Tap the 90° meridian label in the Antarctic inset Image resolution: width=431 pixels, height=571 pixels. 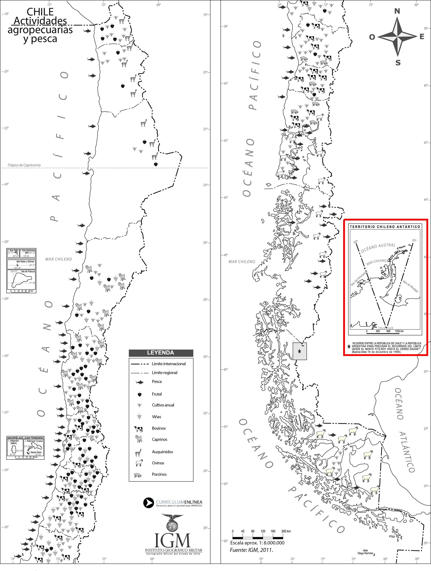[x=356, y=242]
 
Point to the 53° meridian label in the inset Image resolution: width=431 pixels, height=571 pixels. [x=414, y=240]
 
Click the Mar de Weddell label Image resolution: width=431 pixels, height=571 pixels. [x=410, y=287]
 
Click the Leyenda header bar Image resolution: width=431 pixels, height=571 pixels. [x=161, y=353]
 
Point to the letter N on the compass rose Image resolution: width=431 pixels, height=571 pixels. [x=397, y=11]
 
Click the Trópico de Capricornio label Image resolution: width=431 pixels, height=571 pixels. [x=24, y=165]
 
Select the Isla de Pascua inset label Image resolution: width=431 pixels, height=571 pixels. [x=28, y=272]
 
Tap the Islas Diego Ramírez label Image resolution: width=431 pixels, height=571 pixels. [x=365, y=552]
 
